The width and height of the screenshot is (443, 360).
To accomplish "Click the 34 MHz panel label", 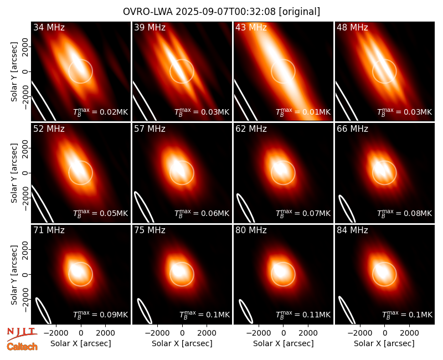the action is click(49, 27).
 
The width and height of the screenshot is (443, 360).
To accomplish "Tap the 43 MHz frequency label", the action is click(251, 27).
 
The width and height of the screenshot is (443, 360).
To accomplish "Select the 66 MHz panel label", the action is click(352, 129).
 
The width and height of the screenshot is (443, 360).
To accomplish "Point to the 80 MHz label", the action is click(251, 230).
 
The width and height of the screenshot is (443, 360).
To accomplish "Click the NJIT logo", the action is click(22, 333).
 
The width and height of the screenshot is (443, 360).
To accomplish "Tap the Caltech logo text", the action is click(22, 347).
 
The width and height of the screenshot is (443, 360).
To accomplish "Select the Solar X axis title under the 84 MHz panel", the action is click(384, 343).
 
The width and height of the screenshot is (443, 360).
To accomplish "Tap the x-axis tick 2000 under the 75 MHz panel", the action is click(207, 333).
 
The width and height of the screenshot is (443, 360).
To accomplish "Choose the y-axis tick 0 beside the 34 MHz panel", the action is click(25, 71).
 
